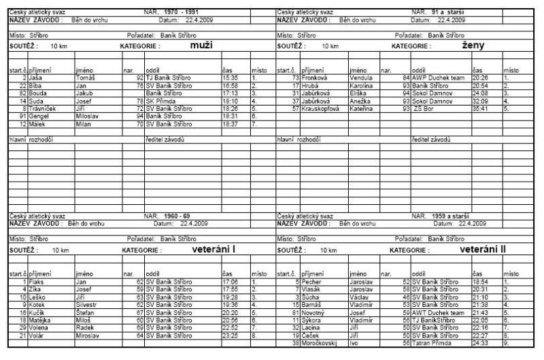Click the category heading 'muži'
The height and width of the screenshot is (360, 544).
coord(196,46)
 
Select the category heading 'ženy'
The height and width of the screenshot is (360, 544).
coord(473,46)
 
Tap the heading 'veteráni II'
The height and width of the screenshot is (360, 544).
coord(483,250)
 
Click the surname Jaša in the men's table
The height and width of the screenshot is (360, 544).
coord(35,78)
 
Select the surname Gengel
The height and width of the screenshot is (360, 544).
coord(40,116)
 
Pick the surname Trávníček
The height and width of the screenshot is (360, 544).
coord(44,108)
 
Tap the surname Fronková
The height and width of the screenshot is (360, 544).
coord(316,78)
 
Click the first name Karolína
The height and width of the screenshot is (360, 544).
coord(362,86)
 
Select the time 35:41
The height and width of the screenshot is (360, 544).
coord(481,108)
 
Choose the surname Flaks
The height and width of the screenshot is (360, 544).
coord(37,282)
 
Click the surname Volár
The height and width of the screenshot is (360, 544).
coord(37,335)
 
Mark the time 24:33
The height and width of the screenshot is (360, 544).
coord(481,342)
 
